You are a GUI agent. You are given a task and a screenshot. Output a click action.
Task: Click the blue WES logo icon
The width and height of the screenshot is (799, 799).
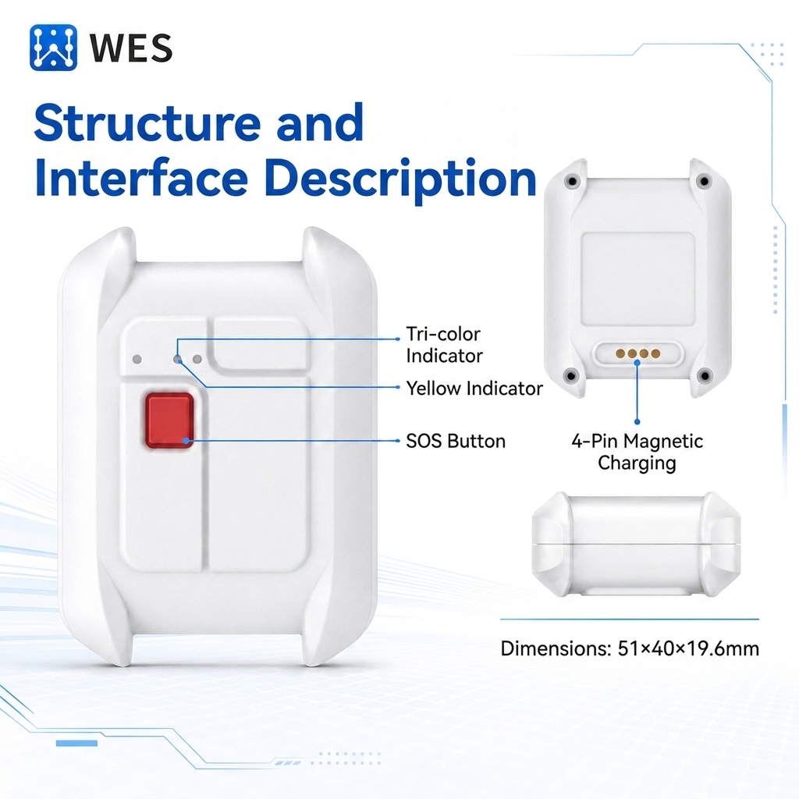click(x=54, y=48)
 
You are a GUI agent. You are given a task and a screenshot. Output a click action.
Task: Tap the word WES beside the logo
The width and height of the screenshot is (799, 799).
click(x=131, y=48)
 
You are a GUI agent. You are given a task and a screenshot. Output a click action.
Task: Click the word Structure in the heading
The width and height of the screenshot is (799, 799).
click(x=147, y=123)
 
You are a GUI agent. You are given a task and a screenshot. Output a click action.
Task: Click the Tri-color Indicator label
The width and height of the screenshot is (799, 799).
click(x=444, y=345)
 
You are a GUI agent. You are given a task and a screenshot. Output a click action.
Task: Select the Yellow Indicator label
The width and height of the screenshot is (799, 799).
click(x=474, y=389)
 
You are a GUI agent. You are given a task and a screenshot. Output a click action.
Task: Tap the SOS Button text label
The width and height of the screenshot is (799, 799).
click(x=456, y=441)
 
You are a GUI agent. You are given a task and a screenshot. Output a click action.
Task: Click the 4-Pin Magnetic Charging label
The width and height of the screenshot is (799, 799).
click(x=637, y=452)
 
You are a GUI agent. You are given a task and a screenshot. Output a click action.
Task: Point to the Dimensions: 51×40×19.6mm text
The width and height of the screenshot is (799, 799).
click(x=630, y=648)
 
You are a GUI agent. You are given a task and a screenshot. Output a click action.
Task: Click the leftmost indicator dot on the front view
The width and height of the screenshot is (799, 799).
click(x=137, y=359)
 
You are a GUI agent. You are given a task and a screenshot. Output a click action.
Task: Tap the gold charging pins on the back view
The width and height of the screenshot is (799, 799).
click(x=638, y=353)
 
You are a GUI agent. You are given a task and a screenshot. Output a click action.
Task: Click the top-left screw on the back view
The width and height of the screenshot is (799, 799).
click(x=572, y=181)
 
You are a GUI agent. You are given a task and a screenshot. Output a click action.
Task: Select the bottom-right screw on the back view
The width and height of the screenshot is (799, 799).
click(x=705, y=376)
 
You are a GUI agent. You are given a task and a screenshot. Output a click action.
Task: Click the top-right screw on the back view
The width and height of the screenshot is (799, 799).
click(x=705, y=181)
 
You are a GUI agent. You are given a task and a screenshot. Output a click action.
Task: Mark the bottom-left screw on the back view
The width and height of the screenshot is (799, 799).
click(x=571, y=376)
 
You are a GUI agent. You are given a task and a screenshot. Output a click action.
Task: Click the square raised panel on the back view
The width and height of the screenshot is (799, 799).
click(x=638, y=279)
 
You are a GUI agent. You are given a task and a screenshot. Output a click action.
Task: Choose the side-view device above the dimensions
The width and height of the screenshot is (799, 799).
click(x=636, y=544)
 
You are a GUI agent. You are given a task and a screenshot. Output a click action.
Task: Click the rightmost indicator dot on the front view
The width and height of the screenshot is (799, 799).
click(x=197, y=359)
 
